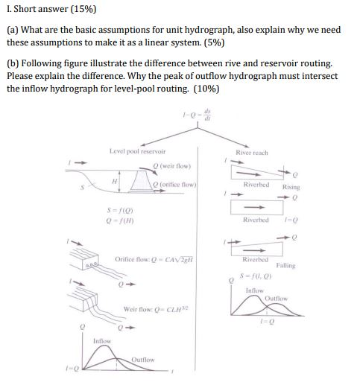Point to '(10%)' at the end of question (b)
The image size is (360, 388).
(x=206, y=88)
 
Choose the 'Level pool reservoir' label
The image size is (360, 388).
(x=137, y=151)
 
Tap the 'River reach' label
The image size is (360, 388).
(x=251, y=153)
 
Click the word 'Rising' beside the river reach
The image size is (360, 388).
(x=291, y=187)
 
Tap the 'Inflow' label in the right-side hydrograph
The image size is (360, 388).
(x=254, y=290)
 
